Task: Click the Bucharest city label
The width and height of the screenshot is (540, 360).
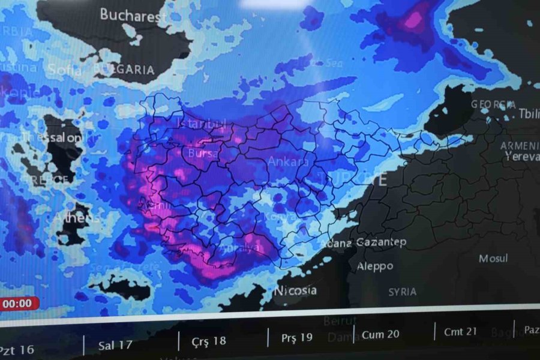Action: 133,15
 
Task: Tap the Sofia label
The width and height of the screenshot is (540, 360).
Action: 64,70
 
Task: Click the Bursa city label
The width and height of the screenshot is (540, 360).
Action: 203,154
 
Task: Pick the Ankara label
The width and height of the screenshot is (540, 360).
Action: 288,161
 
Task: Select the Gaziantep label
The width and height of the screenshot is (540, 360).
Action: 381,242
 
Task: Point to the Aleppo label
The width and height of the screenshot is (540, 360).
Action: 375,266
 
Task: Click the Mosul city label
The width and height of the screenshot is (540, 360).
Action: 493,259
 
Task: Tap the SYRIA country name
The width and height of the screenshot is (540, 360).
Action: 402,292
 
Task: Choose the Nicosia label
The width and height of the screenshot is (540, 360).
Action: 295,290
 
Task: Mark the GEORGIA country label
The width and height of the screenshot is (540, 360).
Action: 493,104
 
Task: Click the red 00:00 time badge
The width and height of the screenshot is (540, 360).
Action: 18,304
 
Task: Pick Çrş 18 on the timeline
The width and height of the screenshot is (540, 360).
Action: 209,341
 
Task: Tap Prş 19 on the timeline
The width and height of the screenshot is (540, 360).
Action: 296,338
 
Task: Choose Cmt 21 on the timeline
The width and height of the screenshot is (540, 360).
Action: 460,332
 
